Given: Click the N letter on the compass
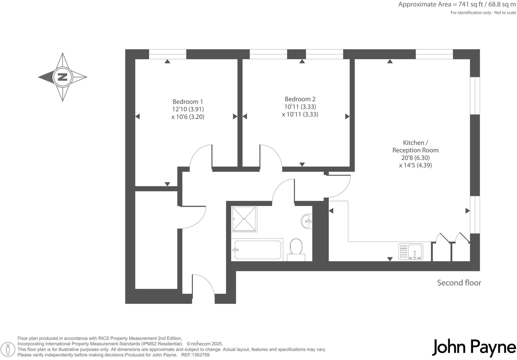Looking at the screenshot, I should coord(62,77).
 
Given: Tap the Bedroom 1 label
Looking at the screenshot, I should coord(188,102).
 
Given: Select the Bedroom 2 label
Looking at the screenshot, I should coord(300,99).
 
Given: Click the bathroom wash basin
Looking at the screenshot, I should coord(307,221).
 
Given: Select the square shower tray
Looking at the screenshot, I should coord(244,219).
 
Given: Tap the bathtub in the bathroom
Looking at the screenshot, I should coord(258,250).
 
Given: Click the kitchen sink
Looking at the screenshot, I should coord(411,251).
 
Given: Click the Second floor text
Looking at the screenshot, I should coord(459,283).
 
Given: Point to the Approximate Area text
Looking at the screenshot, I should coord(457,5).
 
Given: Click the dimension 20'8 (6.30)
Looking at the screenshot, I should coord(415,158).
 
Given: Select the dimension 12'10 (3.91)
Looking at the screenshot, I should coord(188,109).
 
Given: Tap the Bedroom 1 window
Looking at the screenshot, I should coord(167,54).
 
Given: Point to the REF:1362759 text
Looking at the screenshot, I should coord(195,355).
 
